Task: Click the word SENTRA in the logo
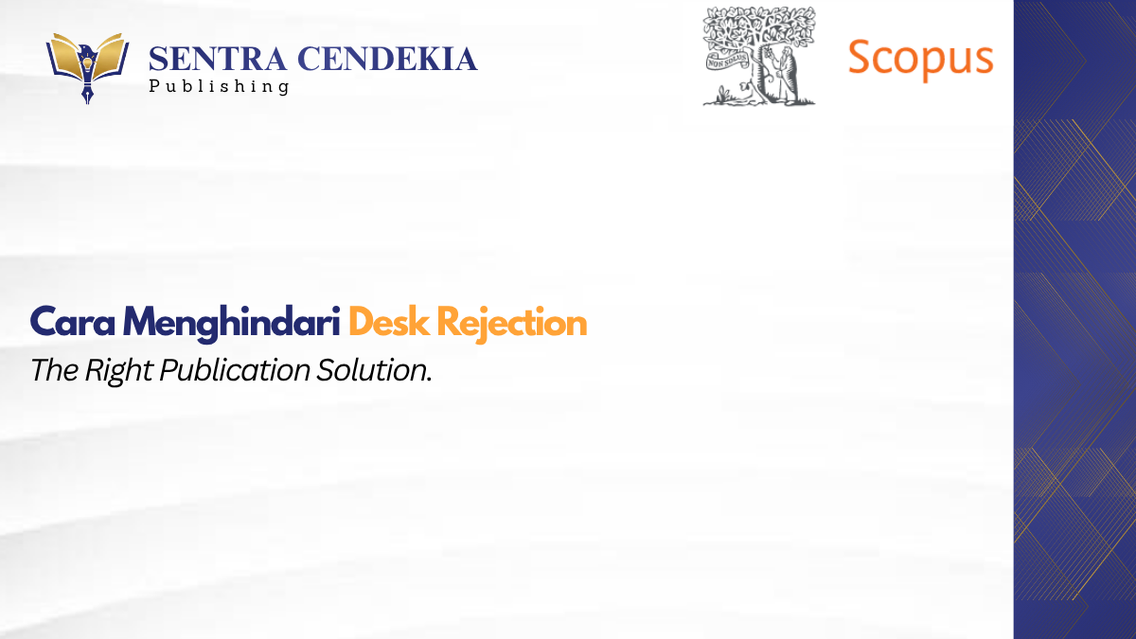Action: pyautogui.click(x=218, y=59)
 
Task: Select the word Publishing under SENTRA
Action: pyautogui.click(x=219, y=86)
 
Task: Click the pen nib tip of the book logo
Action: pyautogui.click(x=87, y=101)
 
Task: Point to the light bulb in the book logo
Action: pyautogui.click(x=87, y=64)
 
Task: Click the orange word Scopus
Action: pyautogui.click(x=920, y=59)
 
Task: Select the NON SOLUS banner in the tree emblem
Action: pyautogui.click(x=727, y=62)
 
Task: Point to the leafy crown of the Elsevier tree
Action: pyautogui.click(x=759, y=29)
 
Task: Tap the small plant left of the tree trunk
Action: pyautogui.click(x=723, y=95)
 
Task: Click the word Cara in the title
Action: pyautogui.click(x=73, y=322)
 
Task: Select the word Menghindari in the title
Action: pyautogui.click(x=231, y=324)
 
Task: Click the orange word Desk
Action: pyautogui.click(x=389, y=322)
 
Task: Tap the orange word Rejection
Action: pyautogui.click(x=512, y=324)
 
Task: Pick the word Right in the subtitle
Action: pyautogui.click(x=118, y=371)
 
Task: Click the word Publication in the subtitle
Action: pyautogui.click(x=235, y=371)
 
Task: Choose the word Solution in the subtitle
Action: pyautogui.click(x=372, y=370)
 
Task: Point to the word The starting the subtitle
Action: pyautogui.click(x=55, y=370)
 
